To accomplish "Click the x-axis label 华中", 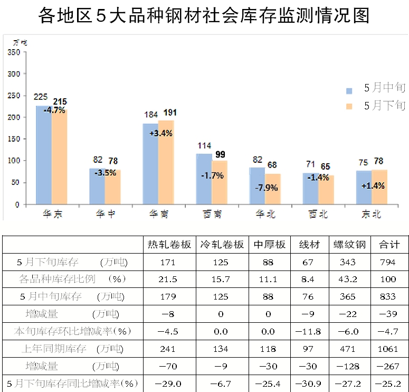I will [104, 214].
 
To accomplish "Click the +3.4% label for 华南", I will [161, 133].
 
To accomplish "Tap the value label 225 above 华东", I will [41, 97].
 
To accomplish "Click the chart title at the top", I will [204, 16].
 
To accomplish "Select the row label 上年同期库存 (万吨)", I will [74, 349].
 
